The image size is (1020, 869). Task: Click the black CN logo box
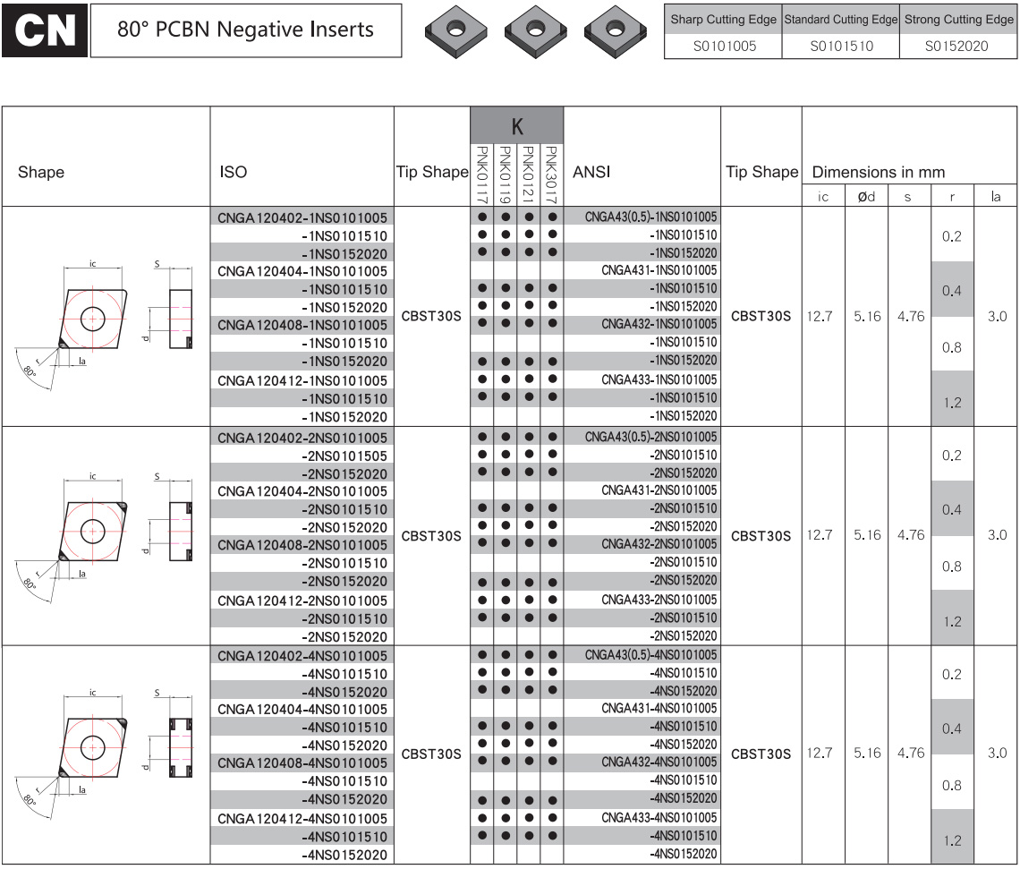[44, 30]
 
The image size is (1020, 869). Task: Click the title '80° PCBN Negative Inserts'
[245, 30]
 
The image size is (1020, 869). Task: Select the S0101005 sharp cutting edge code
[724, 47]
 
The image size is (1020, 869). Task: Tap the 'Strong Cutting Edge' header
[958, 20]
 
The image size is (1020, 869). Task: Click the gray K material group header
[517, 125]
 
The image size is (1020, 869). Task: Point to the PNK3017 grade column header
[552, 175]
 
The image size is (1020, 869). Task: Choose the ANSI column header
[591, 172]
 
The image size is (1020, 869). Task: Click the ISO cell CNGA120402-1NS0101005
[302, 217]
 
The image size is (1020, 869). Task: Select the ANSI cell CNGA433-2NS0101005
[659, 599]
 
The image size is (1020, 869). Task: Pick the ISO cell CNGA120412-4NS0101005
[302, 818]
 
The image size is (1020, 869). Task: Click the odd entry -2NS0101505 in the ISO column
[344, 456]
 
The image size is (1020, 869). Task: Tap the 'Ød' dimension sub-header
[866, 196]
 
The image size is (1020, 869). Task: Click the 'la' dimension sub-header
[995, 196]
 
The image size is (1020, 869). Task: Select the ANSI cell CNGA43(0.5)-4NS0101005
[650, 655]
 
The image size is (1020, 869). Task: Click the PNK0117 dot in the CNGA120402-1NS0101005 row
[482, 217]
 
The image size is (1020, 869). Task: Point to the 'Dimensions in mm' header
[879, 172]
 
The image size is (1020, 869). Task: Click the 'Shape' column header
[41, 172]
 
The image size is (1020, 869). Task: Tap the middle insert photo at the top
[535, 30]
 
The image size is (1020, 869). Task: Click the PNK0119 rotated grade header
[505, 175]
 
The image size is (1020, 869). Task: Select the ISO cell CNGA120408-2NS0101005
[302, 545]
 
